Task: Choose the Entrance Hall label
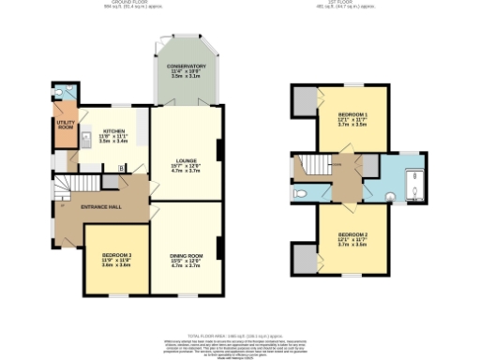click(100, 204)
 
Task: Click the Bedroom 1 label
click(352, 119)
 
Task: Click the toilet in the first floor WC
click(302, 194)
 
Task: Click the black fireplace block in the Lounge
click(219, 151)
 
